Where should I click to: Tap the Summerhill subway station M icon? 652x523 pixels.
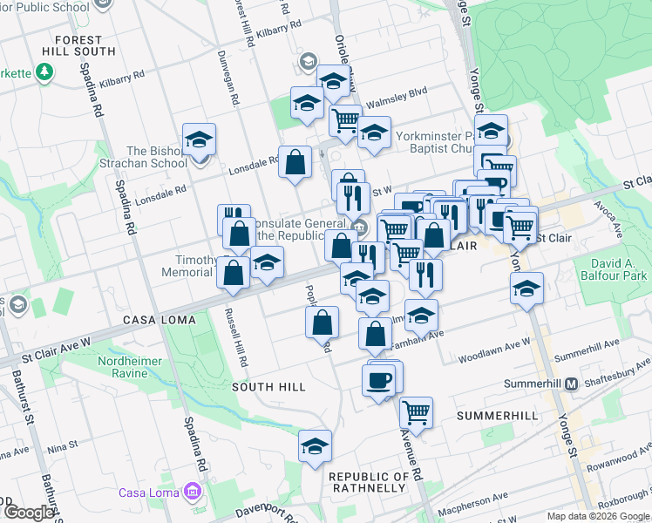[x=572, y=384]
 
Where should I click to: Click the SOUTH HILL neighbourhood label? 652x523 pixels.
[x=268, y=386]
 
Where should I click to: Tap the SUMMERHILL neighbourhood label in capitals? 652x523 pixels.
[x=500, y=416]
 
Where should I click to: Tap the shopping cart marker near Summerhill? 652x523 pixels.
[x=416, y=411]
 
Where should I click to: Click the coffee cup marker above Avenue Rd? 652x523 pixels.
[x=379, y=380]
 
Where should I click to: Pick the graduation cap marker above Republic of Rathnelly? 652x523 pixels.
[x=315, y=446]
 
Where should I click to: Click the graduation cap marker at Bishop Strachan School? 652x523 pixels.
[x=200, y=139]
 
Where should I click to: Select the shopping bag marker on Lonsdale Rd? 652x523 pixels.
[x=295, y=161]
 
